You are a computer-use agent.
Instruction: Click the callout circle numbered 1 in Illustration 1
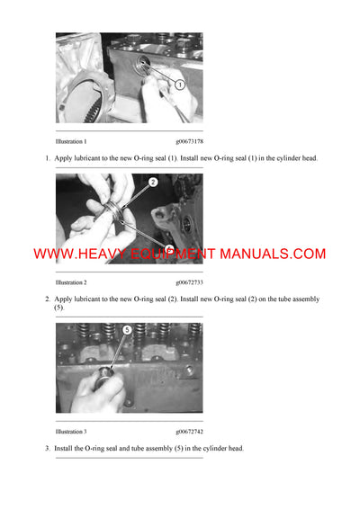point(179,85)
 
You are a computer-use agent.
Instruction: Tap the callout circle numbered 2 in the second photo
point(153,183)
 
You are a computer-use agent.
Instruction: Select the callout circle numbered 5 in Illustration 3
point(127,330)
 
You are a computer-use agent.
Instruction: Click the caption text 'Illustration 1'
point(71,141)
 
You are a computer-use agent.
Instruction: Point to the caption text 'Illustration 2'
point(71,281)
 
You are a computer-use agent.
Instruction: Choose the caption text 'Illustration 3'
point(71,432)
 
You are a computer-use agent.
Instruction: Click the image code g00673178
point(189,141)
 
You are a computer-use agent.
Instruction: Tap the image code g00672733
point(189,281)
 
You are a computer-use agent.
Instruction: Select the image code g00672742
point(189,432)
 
